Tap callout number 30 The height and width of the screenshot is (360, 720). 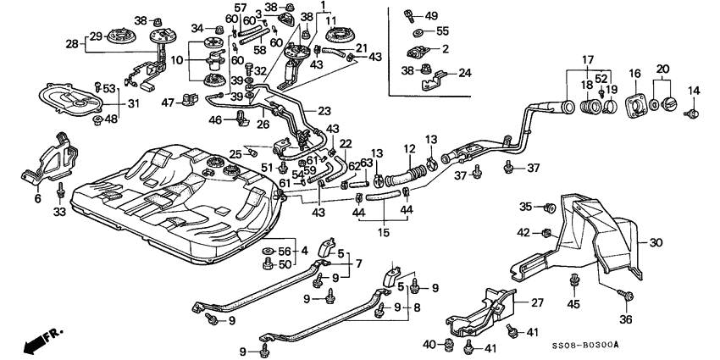[656, 241]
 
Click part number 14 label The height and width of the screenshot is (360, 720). [694, 90]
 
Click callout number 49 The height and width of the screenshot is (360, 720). [431, 16]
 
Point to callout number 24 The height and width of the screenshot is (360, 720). [464, 73]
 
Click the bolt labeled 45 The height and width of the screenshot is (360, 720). [576, 282]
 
